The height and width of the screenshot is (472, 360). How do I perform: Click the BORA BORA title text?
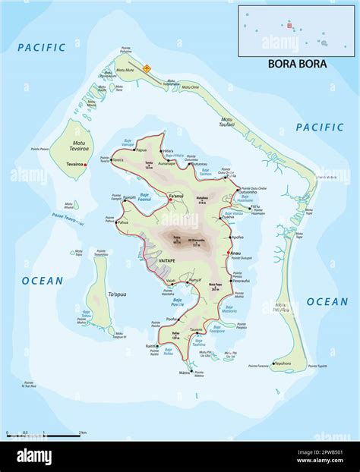pos(297,64)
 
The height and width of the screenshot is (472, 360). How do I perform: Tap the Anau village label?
pos(235,253)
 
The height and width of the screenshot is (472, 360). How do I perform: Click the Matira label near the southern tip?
pos(185,373)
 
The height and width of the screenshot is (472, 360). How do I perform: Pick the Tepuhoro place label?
pos(283,363)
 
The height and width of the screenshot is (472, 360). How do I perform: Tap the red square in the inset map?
pos(289,26)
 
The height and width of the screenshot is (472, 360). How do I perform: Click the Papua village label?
pos(141,149)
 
